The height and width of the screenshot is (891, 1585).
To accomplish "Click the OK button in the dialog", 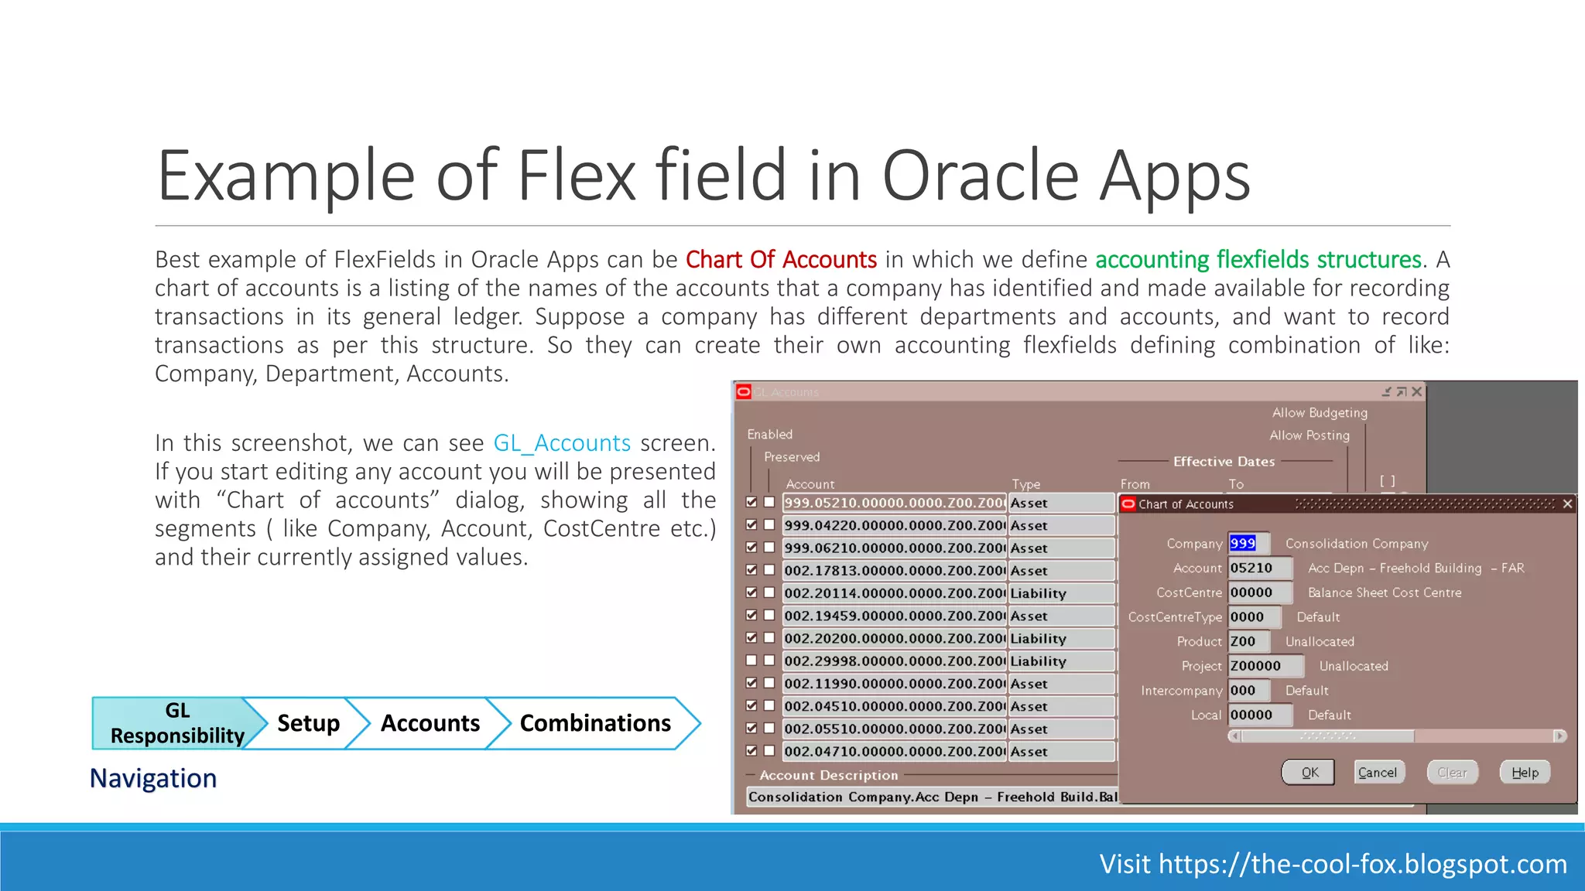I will pos(1309,773).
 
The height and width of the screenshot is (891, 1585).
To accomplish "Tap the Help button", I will pos(1525,773).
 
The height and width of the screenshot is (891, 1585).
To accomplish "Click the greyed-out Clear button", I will pos(1452,773).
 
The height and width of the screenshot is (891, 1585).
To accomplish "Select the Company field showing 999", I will pos(1248,544).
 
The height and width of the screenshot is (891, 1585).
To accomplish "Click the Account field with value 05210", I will pos(1259,568).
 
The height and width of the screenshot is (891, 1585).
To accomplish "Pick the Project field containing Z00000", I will pos(1265,666).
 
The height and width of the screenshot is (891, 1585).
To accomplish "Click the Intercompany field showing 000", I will pos(1248,691).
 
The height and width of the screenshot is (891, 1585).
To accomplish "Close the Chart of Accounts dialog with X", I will pos(1567,504).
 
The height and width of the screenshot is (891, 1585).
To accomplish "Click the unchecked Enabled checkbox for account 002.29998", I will pos(751,661).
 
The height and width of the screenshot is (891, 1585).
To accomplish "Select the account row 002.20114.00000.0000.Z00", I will pos(893,593).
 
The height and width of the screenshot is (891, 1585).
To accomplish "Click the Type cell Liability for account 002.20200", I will pos(1060,639).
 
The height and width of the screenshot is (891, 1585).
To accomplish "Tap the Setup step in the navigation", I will pos(308,723).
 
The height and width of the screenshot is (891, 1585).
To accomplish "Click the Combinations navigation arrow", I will pos(594,723).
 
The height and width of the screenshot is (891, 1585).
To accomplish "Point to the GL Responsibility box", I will pos(176,723).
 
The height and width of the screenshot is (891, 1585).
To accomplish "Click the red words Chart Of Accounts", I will pos(781,260).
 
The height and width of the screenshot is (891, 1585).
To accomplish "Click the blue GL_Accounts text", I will pos(562,443).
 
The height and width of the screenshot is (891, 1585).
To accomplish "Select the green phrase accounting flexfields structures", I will pos(1258,260).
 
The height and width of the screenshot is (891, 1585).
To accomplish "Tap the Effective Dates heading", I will pos(1224,462).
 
